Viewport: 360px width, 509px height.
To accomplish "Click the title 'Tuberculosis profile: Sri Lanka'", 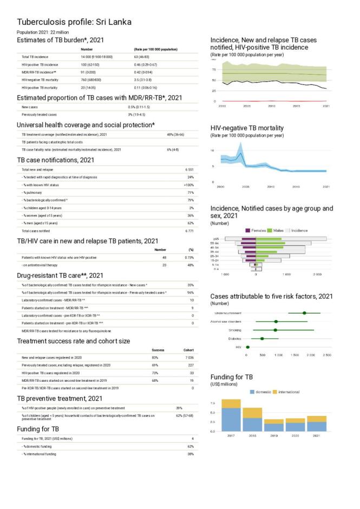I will pos(74,23).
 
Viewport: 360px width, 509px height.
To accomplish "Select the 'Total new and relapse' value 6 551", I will pos(189,170).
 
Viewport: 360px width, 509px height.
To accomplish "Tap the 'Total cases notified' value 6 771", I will pos(189,231).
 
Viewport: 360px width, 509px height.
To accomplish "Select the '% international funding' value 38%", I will pos(190,454).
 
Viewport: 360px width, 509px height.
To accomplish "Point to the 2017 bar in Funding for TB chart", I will pos(231,415).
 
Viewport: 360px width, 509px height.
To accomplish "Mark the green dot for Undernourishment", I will pos(305,313).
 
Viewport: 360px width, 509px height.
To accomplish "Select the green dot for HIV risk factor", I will pos(248,347).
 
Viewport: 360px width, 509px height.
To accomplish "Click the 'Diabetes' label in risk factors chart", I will pos(233,338).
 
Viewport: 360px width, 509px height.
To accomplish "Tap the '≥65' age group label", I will pos(215,239).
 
